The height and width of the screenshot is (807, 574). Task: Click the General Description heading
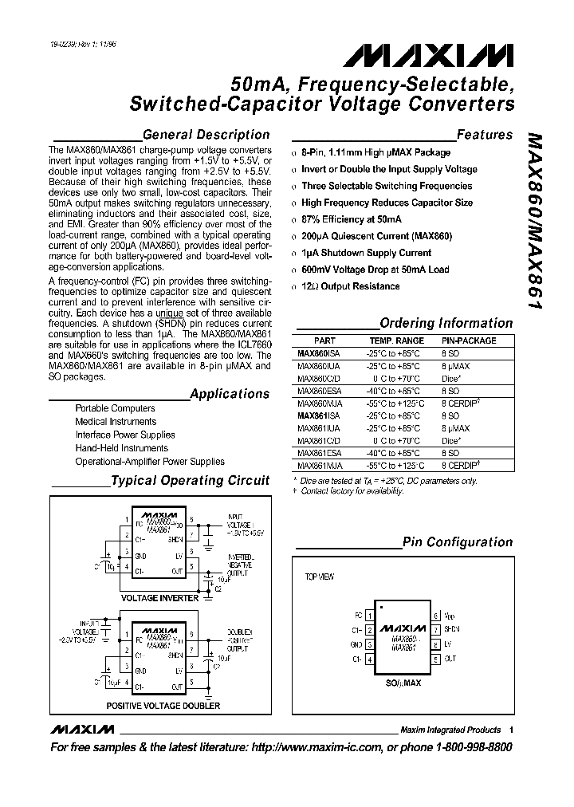[206, 135]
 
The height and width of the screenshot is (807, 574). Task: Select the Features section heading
[485, 135]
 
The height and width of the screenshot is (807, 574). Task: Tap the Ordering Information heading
[446, 323]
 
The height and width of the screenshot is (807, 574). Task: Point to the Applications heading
[230, 394]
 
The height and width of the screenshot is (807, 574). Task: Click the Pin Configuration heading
[458, 542]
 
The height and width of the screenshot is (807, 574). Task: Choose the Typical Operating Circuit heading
[190, 481]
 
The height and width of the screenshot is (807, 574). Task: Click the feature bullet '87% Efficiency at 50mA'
[352, 219]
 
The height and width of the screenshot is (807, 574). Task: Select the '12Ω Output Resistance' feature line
[351, 286]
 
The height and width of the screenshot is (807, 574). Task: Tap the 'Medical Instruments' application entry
[116, 422]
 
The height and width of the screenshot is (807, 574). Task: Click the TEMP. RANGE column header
[391, 341]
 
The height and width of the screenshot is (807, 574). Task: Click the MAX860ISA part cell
[318, 352]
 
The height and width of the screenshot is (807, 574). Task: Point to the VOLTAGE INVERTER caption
[159, 597]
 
